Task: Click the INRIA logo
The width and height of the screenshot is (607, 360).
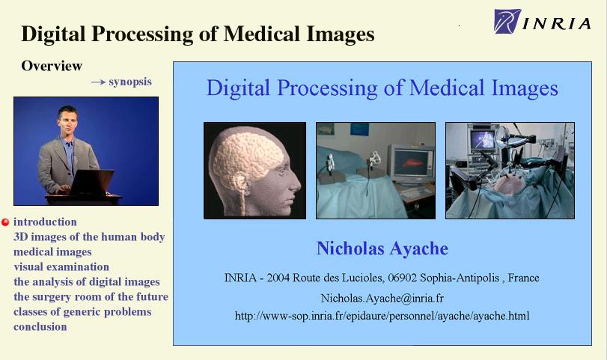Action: [x=543, y=21]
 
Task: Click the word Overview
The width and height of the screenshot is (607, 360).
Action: [x=52, y=66]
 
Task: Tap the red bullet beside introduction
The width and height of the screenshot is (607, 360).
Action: [x=5, y=222]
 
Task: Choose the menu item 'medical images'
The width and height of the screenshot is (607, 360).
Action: [x=52, y=252]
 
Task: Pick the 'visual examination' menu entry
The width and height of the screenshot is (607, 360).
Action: [x=61, y=266]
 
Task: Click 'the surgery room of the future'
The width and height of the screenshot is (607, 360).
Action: [x=91, y=296]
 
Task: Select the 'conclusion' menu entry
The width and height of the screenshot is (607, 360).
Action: [x=40, y=327]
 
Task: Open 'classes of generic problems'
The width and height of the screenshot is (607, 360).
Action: [x=82, y=311]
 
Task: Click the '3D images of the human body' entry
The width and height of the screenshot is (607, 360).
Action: [x=89, y=237]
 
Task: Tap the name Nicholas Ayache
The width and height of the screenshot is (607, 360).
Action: [x=382, y=248]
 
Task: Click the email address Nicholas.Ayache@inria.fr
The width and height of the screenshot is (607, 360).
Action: [x=382, y=298]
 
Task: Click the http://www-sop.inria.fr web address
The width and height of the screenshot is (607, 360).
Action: [x=382, y=316]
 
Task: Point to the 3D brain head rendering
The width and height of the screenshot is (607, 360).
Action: [x=254, y=171]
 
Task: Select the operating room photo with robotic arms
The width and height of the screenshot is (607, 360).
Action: [x=510, y=171]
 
